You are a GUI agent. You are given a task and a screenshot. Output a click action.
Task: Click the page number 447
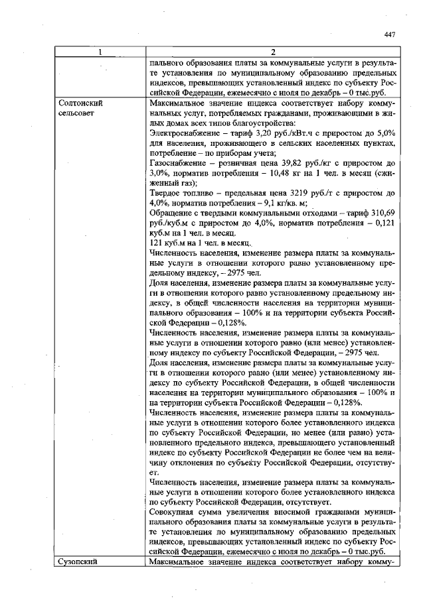point(389,36)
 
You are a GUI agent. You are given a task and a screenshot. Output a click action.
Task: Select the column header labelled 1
point(100,52)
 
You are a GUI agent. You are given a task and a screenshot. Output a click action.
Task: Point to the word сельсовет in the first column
point(79,114)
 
